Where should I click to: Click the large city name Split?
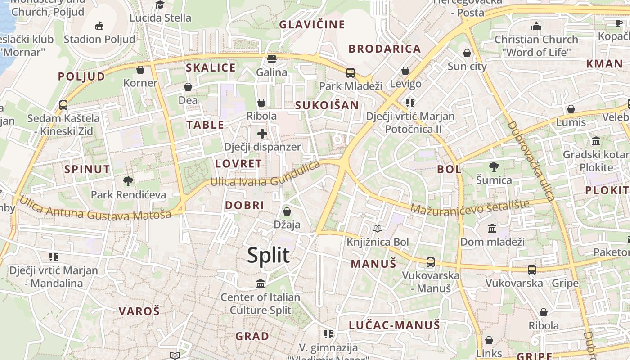click(268, 255)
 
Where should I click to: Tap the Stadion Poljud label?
click(99, 39)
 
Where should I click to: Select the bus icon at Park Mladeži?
click(350, 72)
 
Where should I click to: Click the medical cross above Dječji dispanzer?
click(262, 134)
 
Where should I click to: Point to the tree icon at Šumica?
click(494, 167)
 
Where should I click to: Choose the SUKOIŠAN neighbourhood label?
click(327, 105)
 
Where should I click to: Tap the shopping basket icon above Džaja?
click(287, 211)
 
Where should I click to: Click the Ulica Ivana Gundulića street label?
click(265, 176)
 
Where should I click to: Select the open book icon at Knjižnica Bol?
click(378, 229)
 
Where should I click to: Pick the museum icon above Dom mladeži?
click(492, 228)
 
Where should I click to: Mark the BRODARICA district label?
click(385, 49)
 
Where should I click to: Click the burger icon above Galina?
click(271, 59)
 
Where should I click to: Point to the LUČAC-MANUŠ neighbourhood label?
click(394, 325)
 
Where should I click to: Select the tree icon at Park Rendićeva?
click(128, 181)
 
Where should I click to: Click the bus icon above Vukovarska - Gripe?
click(532, 270)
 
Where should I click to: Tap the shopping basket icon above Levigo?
click(405, 71)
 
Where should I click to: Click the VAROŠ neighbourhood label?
click(139, 311)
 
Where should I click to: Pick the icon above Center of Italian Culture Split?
click(261, 284)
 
